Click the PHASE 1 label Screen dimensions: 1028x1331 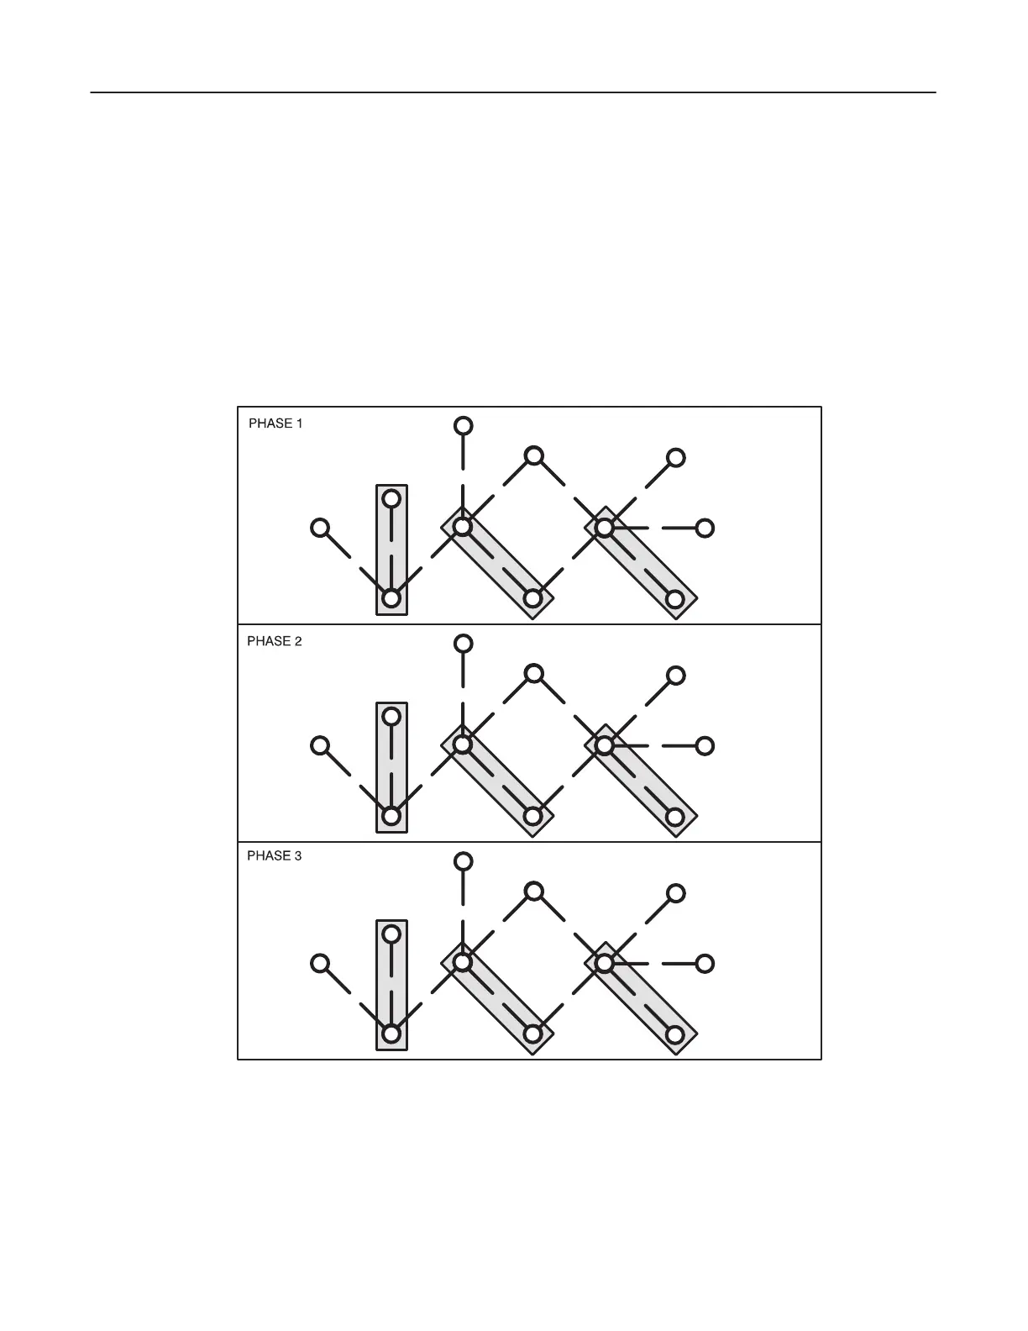point(275,423)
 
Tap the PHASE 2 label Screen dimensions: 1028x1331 point(274,641)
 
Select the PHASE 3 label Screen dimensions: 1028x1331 point(274,856)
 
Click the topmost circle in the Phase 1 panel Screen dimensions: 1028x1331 point(463,426)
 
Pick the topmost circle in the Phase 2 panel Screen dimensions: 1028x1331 point(463,644)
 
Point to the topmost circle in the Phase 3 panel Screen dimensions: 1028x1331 point(463,861)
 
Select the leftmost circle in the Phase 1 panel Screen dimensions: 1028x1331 point(320,528)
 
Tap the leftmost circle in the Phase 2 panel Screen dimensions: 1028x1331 point(320,745)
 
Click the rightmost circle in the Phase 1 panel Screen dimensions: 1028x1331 point(705,528)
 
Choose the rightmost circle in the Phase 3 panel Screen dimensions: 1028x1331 point(705,963)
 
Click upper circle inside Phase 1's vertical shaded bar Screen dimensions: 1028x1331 point(391,499)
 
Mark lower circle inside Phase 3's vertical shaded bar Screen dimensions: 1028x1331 point(391,1034)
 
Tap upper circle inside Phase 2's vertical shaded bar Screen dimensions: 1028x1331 point(391,717)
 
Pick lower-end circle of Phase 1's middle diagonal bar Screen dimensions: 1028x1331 point(533,598)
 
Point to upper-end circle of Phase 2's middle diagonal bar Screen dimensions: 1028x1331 point(462,745)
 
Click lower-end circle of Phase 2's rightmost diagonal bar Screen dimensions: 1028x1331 point(675,816)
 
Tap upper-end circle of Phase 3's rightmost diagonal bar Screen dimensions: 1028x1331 point(605,963)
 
